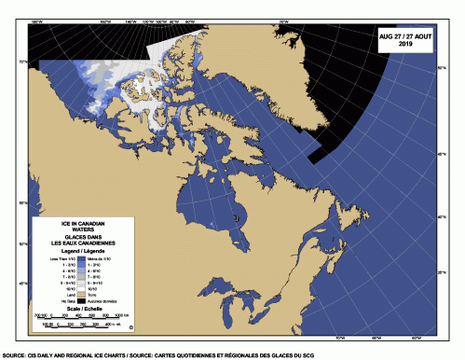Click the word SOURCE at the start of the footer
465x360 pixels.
coord(14,355)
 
